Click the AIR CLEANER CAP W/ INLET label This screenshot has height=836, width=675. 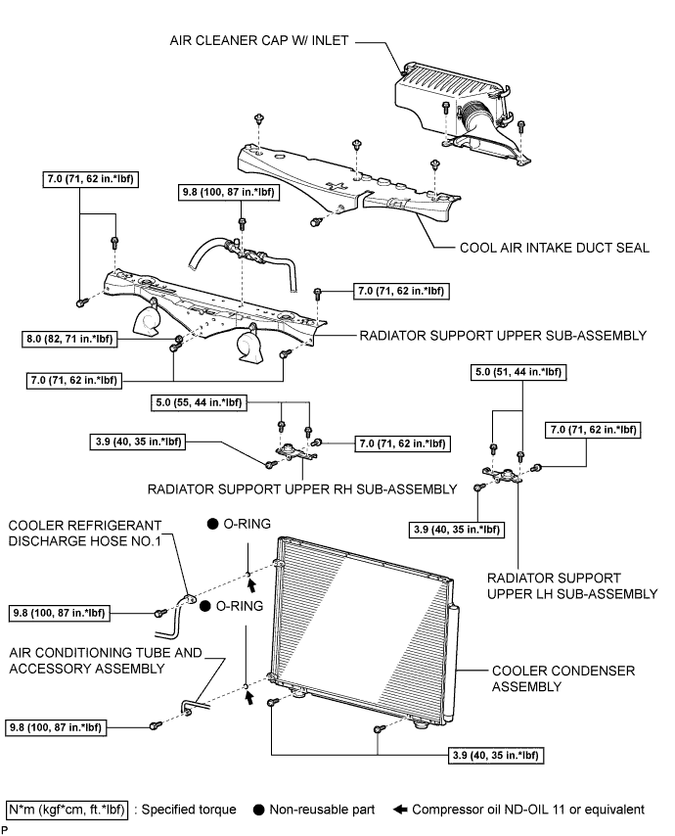pyautogui.click(x=259, y=40)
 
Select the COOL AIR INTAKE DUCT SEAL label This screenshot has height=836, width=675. pyautogui.click(x=554, y=248)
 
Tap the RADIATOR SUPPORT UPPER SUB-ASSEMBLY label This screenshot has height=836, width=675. pyautogui.click(x=503, y=336)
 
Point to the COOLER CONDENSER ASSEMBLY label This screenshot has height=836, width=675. pyautogui.click(x=563, y=678)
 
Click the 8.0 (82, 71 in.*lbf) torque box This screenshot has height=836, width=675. pyautogui.click(x=69, y=339)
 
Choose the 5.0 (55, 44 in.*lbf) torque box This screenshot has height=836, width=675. pyautogui.click(x=199, y=402)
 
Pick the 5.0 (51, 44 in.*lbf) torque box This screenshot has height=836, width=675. pyautogui.click(x=518, y=372)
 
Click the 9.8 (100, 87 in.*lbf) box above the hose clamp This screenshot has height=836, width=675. pyautogui.click(x=229, y=192)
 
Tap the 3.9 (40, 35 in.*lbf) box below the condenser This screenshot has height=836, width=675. pyautogui.click(x=495, y=755)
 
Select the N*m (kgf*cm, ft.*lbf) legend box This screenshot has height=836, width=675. pyautogui.click(x=67, y=810)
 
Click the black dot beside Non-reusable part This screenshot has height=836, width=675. pyautogui.click(x=259, y=810)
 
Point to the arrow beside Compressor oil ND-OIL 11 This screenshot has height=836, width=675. pyautogui.click(x=400, y=810)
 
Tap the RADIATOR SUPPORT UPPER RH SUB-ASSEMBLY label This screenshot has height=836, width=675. pyautogui.click(x=302, y=489)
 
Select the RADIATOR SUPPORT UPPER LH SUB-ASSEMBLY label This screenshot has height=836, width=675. pyautogui.click(x=572, y=586)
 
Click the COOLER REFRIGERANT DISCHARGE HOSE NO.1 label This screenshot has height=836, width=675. pyautogui.click(x=85, y=534)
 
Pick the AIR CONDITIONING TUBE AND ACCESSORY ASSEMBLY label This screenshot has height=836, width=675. pyautogui.click(x=106, y=661)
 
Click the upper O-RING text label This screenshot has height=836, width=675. pyautogui.click(x=247, y=524)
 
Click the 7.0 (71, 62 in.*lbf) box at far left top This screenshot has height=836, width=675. pyautogui.click(x=90, y=179)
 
